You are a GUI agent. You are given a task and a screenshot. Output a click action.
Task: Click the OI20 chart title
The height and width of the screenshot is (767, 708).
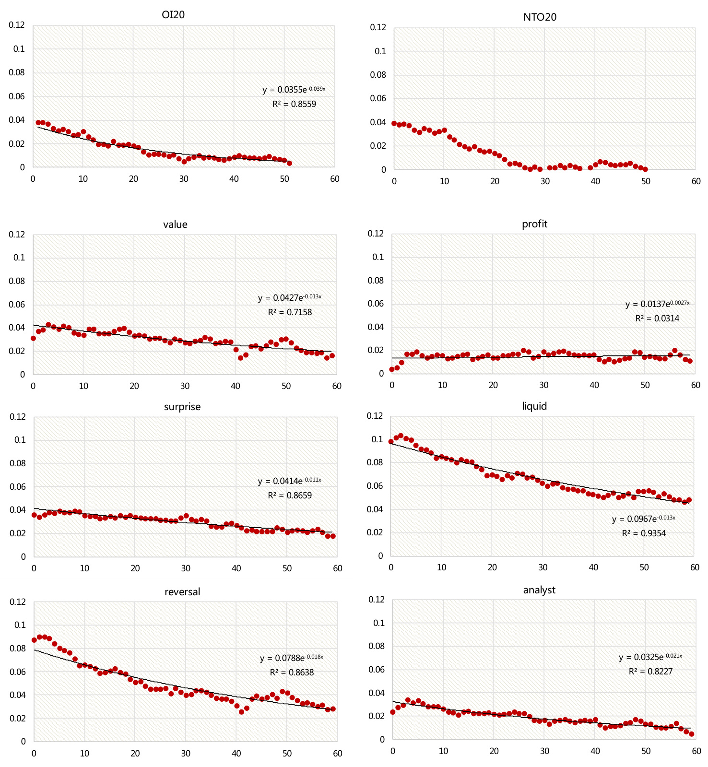[173, 15]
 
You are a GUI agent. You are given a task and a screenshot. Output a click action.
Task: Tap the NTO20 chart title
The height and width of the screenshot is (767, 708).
[540, 17]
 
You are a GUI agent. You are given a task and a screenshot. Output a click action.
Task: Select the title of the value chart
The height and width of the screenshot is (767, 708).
[175, 224]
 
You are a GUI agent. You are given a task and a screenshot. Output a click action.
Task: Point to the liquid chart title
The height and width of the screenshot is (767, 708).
[534, 406]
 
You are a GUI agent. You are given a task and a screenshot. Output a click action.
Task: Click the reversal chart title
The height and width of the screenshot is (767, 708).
[182, 591]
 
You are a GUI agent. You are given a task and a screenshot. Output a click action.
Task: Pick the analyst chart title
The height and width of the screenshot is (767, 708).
[539, 590]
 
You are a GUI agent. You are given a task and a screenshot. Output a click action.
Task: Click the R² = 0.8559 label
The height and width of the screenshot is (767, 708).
[294, 104]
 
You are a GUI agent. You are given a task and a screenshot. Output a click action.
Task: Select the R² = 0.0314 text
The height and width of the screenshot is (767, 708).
[657, 319]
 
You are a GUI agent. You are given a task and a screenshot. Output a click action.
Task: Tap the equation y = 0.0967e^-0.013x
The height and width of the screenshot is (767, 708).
[643, 519]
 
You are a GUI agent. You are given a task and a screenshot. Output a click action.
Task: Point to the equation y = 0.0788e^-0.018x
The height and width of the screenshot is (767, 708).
[291, 658]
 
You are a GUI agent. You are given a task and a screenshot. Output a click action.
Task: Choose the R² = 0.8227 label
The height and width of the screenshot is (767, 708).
[650, 672]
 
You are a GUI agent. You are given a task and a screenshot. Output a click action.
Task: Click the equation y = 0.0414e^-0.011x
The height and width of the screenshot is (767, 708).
[289, 481]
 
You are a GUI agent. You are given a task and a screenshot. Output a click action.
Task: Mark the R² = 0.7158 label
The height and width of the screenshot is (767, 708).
[290, 312]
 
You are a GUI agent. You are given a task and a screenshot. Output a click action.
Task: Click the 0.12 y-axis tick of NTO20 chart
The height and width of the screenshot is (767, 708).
[378, 27]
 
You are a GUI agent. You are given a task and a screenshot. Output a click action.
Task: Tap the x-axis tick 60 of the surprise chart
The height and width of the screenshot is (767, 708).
[338, 568]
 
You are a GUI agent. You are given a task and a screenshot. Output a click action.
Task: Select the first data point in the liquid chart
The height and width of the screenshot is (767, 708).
[391, 442]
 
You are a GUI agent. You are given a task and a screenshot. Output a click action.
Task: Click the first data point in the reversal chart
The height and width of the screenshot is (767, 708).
[34, 640]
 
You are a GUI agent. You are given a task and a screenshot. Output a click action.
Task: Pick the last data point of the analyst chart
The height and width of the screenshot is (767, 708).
[691, 734]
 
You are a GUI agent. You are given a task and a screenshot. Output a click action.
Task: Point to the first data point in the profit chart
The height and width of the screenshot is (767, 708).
[392, 369]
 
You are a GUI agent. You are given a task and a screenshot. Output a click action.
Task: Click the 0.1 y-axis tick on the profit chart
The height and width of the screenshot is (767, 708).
[378, 257]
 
